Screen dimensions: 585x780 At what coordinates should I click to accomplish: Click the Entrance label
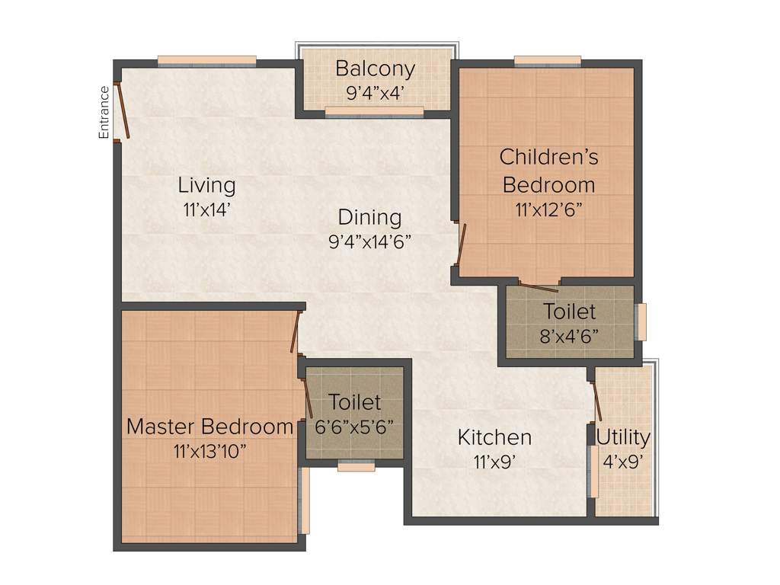pos(104,112)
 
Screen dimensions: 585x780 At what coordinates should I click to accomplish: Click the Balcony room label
pos(376,69)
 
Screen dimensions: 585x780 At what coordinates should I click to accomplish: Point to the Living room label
pos(206,185)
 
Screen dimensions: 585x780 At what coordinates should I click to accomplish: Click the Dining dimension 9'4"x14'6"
pos(370,242)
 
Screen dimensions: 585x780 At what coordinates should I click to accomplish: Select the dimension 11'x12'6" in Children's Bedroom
pos(548,209)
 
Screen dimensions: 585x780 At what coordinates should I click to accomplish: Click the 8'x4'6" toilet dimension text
pos(569,336)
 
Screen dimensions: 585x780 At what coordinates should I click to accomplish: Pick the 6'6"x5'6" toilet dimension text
pos(354,427)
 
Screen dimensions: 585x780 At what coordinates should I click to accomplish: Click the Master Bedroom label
pos(209,427)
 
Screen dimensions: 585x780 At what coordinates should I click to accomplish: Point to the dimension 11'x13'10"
pos(209,451)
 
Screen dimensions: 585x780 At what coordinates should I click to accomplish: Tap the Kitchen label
pos(494,437)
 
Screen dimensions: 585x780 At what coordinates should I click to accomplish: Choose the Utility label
pos(623,437)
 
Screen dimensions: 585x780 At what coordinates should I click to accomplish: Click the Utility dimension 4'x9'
pos(623,461)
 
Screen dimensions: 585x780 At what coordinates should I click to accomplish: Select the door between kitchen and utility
pos(596,399)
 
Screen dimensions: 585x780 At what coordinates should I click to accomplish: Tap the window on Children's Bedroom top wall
pos(547,61)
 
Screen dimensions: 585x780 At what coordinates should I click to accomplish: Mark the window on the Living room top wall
pos(206,61)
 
